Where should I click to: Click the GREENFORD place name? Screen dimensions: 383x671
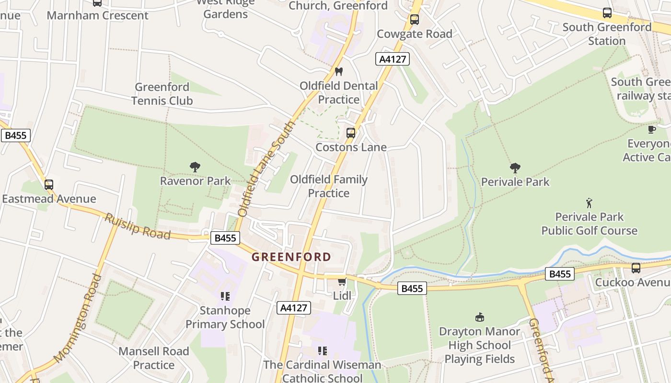click(291, 257)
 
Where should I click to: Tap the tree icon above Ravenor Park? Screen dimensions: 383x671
click(195, 167)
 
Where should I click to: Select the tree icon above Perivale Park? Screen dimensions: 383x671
click(515, 168)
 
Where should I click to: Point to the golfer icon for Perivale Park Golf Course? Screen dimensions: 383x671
click(589, 203)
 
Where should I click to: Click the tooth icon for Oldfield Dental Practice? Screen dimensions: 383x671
click(339, 72)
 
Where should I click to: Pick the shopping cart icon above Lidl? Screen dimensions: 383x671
click(342, 282)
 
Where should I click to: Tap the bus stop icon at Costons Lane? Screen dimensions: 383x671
click(351, 133)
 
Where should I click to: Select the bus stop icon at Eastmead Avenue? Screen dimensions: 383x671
click(49, 185)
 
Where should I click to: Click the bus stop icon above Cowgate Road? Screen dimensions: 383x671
click(415, 20)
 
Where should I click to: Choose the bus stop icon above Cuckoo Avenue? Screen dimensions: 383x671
click(636, 268)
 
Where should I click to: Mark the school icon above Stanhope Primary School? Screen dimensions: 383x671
click(225, 296)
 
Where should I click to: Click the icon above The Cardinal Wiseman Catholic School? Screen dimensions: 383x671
click(323, 351)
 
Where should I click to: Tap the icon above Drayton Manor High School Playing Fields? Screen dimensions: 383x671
click(479, 317)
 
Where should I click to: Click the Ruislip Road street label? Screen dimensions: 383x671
click(138, 226)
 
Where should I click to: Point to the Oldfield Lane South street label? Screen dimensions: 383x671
click(266, 169)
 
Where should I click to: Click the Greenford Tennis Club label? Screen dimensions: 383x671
click(162, 94)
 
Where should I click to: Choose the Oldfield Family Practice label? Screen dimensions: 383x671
click(329, 186)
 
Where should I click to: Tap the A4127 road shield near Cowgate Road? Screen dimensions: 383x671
click(393, 59)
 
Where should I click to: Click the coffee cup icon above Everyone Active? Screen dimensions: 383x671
click(652, 129)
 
